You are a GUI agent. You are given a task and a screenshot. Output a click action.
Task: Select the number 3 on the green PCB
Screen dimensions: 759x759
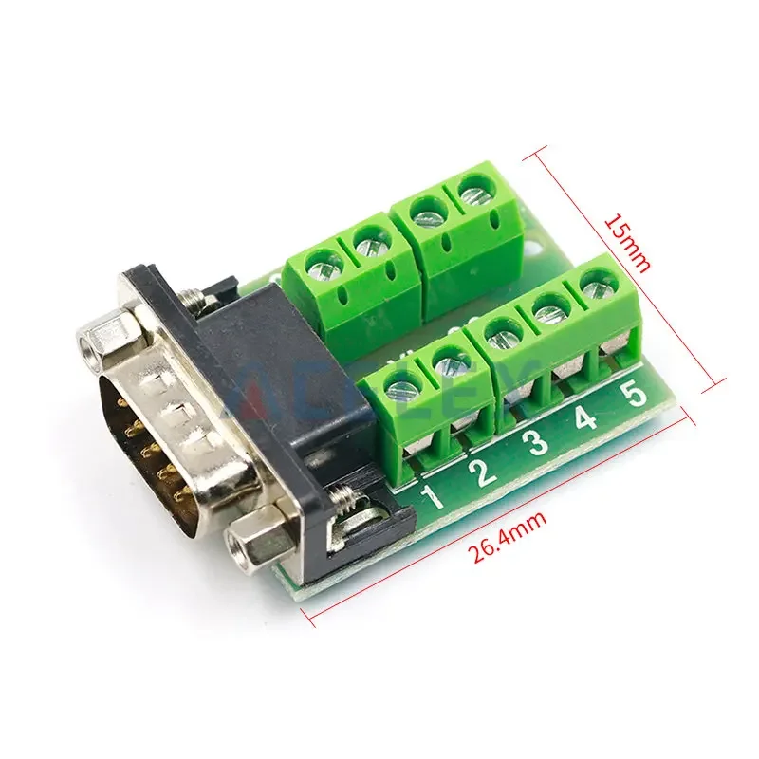537,444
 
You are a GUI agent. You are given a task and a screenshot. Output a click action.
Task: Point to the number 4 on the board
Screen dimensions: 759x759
586,418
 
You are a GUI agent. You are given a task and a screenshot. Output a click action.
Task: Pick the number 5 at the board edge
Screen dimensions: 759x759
636,392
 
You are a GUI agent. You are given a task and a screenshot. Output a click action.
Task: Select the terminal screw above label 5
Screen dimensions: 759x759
594,282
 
